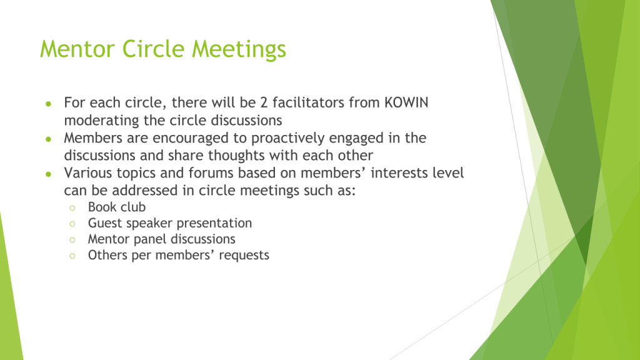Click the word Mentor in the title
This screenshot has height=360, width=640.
tap(77, 49)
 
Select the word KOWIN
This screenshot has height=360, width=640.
tap(406, 102)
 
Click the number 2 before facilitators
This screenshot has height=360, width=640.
tap(264, 102)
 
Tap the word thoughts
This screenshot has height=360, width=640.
tap(238, 156)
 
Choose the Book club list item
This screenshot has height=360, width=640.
tap(117, 207)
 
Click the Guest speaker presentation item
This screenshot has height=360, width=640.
tap(170, 223)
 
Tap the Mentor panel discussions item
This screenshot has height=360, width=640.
tap(162, 239)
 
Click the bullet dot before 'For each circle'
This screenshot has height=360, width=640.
tap(49, 104)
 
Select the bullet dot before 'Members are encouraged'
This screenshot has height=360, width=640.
tap(49, 139)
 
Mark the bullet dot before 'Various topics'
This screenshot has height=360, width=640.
tap(49, 174)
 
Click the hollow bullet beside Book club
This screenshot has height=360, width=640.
tap(72, 208)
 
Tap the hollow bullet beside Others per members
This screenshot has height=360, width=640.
tap(72, 256)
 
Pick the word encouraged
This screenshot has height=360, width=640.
tap(191, 138)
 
